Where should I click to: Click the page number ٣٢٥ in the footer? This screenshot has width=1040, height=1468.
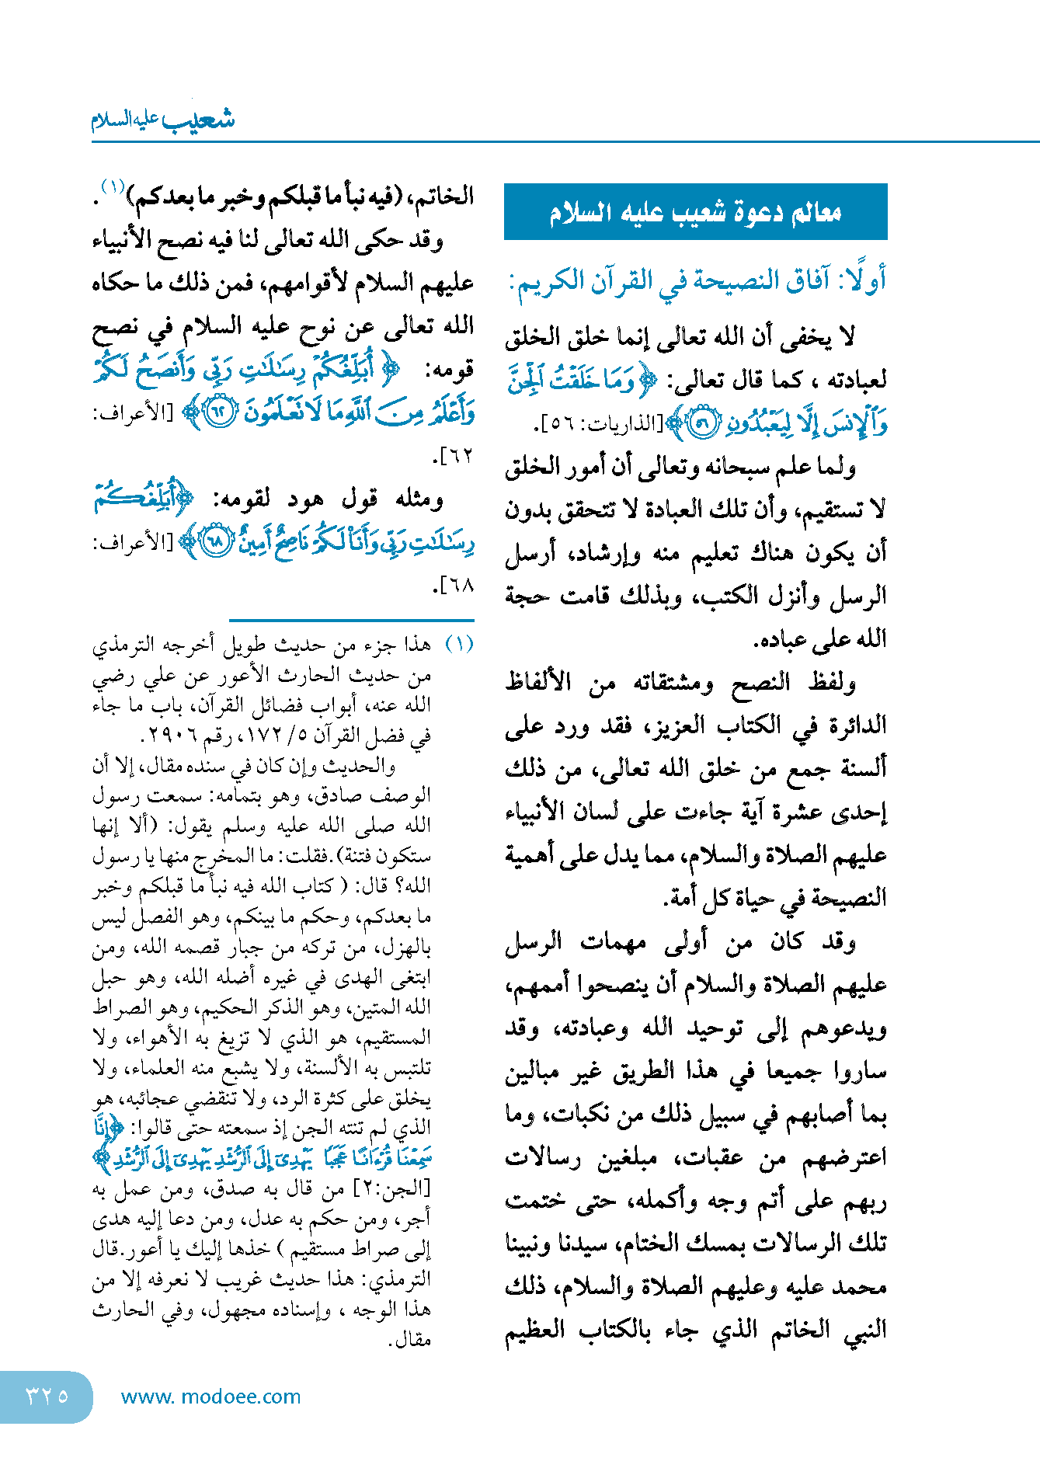[47, 1396]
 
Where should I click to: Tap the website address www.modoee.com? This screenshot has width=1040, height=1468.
[210, 1397]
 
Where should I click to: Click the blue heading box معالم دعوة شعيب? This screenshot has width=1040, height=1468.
[695, 212]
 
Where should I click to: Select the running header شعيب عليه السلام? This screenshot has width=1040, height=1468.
[163, 120]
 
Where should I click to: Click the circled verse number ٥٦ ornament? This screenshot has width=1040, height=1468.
[702, 424]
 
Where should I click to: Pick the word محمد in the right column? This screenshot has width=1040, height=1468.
[858, 1287]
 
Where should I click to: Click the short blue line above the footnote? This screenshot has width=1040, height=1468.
[351, 620]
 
